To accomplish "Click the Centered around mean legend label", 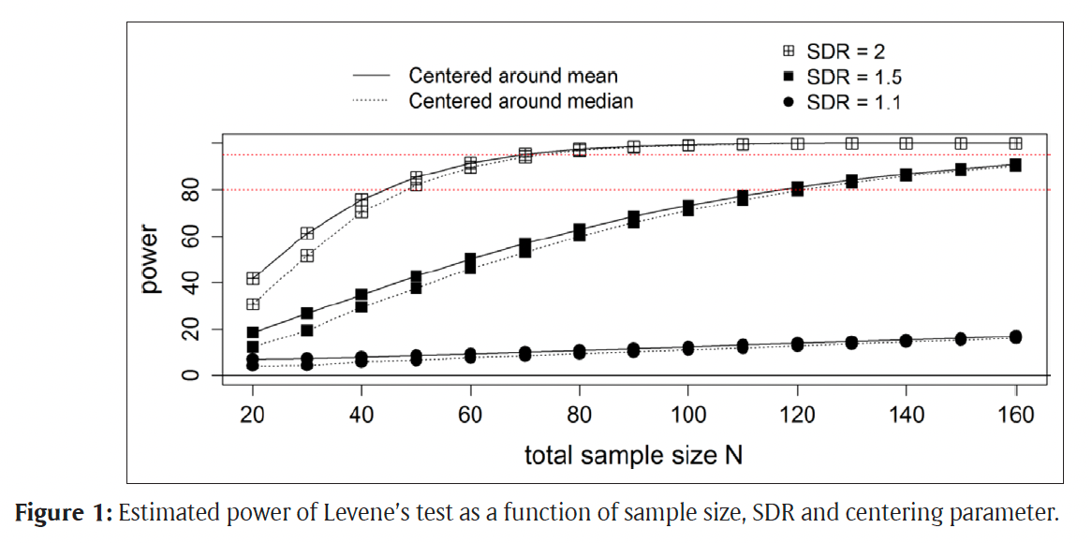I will coord(513,76).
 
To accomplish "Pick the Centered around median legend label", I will coord(521,100).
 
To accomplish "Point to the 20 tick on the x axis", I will coord(252,414).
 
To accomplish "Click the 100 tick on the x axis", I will coord(688,414).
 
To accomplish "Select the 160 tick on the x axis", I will coord(1015,414).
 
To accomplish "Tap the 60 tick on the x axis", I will coord(470,414).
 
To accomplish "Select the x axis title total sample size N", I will coord(633,456).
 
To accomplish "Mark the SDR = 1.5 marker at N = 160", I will coord(1015,165).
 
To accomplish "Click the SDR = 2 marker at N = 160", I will coord(1015,143).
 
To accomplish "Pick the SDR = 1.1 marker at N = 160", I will coord(1015,337).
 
